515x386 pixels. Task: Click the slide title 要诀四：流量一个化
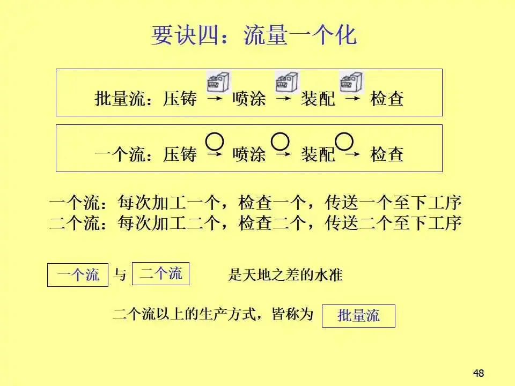[254, 36]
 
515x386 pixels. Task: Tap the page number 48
[479, 373]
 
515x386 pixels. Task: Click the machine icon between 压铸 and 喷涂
[219, 83]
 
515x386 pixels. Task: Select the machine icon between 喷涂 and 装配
[286, 83]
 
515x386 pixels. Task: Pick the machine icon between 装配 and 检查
[351, 83]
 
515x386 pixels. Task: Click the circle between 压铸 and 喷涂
[215, 142]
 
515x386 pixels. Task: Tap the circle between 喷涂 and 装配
[281, 141]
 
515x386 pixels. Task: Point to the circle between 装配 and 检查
[344, 141]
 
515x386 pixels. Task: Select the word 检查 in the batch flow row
[387, 99]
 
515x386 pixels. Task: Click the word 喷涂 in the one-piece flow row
[249, 155]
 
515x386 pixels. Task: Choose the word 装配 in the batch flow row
[318, 99]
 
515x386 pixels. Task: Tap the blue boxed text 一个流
[78, 276]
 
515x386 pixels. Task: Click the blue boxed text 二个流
[161, 274]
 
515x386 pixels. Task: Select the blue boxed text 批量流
[358, 316]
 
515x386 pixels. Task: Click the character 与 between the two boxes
[120, 276]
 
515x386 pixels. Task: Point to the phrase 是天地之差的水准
[285, 276]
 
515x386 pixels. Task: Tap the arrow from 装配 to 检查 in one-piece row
[352, 155]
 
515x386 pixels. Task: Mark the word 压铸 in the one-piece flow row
[180, 155]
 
